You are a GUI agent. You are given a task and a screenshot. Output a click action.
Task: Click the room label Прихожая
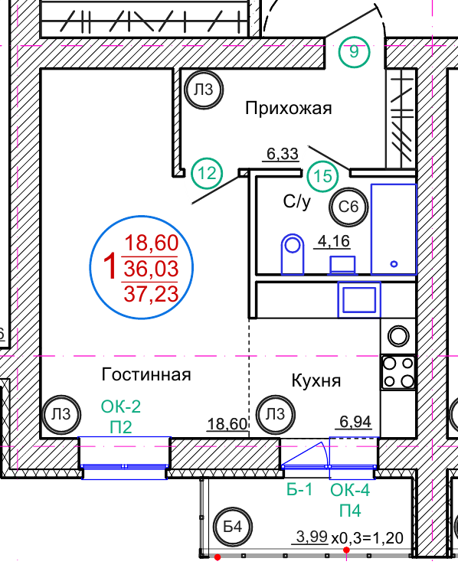(x=289, y=108)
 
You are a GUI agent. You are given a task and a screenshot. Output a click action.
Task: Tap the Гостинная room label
(x=146, y=374)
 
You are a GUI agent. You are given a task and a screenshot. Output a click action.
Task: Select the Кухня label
(x=316, y=380)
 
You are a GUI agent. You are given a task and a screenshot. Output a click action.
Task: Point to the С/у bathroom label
(x=297, y=201)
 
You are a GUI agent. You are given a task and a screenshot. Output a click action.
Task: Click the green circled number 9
(x=354, y=52)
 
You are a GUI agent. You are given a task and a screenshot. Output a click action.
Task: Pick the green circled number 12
(x=207, y=173)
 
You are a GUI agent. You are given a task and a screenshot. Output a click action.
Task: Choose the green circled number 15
(x=322, y=176)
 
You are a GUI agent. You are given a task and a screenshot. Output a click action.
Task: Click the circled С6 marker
(x=348, y=207)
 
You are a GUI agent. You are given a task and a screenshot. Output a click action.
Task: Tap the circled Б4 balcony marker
(x=233, y=527)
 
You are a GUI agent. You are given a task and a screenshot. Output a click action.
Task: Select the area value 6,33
(x=283, y=154)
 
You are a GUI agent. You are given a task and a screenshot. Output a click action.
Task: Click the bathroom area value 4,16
(x=334, y=241)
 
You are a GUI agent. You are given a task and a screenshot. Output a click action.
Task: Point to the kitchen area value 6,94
(x=355, y=422)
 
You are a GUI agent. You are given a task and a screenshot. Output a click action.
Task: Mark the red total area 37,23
(x=151, y=294)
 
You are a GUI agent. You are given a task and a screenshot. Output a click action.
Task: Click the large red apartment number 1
(x=110, y=266)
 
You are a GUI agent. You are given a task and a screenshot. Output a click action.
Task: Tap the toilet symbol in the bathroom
(x=293, y=253)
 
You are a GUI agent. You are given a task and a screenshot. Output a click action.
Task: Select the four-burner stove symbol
(x=398, y=372)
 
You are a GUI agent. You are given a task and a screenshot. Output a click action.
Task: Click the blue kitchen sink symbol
(x=359, y=299)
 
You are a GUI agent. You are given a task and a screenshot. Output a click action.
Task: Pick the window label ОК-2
(x=121, y=406)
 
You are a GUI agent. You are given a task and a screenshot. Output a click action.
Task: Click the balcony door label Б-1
(x=299, y=490)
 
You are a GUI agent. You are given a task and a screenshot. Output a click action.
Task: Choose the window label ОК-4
(x=350, y=490)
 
